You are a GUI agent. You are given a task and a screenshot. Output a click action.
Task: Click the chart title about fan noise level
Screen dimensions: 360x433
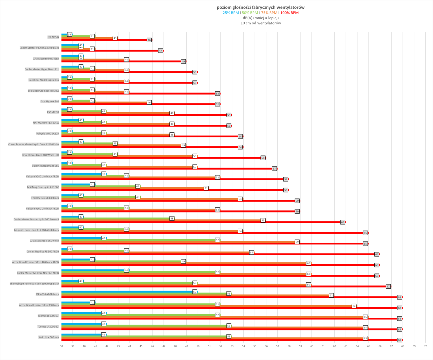[x=260, y=7]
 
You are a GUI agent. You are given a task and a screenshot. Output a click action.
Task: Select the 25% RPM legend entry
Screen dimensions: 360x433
[x=231, y=13]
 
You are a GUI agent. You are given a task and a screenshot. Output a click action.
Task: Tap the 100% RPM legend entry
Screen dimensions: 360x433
[x=289, y=13]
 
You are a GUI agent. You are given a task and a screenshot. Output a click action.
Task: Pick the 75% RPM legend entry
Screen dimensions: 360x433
[x=269, y=13]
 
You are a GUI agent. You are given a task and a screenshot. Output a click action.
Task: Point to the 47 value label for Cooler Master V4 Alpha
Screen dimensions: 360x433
[x=161, y=51]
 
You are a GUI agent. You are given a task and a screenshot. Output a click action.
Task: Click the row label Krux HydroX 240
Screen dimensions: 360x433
[x=50, y=102]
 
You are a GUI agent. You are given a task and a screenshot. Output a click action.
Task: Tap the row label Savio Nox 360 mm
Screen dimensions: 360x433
[x=48, y=337]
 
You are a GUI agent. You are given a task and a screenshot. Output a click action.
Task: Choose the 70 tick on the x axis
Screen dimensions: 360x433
[x=425, y=346]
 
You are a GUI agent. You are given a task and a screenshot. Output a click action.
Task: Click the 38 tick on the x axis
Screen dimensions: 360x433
[x=61, y=346]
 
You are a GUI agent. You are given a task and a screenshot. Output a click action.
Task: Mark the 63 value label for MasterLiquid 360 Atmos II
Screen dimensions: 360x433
[x=343, y=222]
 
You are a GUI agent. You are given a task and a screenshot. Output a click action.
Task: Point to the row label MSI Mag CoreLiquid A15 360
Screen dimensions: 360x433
[x=43, y=187]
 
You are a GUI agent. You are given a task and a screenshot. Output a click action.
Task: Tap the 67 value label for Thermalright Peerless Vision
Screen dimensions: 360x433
[x=388, y=287]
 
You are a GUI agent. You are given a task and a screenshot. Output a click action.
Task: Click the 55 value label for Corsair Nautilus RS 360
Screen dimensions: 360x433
[x=251, y=253]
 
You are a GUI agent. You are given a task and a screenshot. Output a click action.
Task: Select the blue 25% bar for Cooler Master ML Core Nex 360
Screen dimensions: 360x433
[x=93, y=270]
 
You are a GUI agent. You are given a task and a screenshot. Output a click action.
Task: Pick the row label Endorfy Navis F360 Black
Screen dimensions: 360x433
[x=45, y=198]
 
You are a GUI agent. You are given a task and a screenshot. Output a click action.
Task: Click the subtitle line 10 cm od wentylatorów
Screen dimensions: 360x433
[x=260, y=23]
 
